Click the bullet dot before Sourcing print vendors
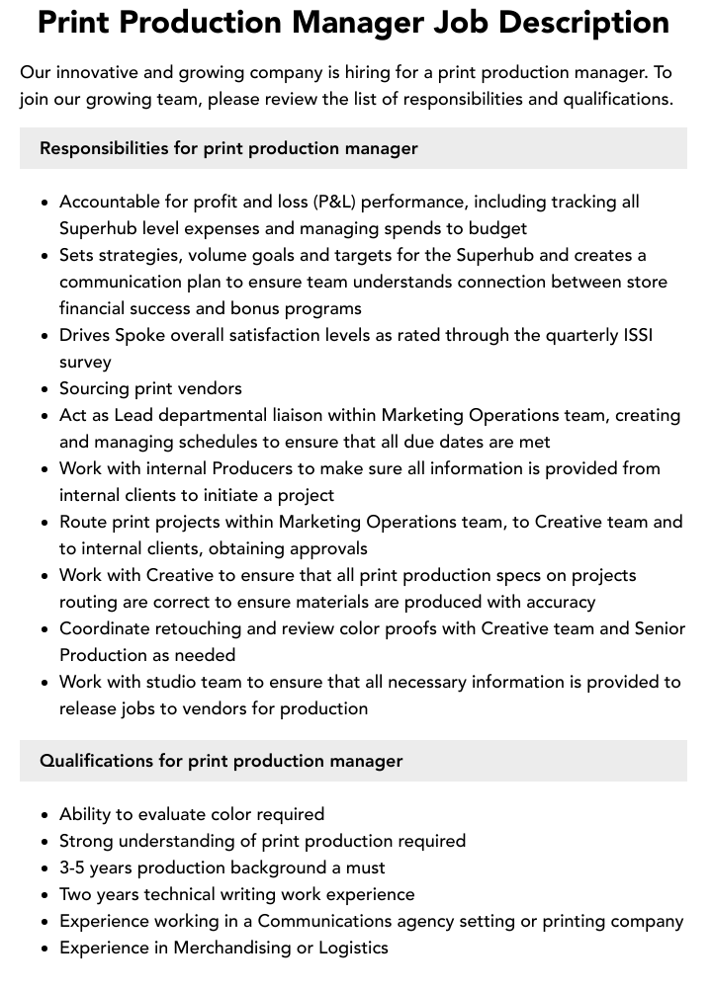[45, 389]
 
